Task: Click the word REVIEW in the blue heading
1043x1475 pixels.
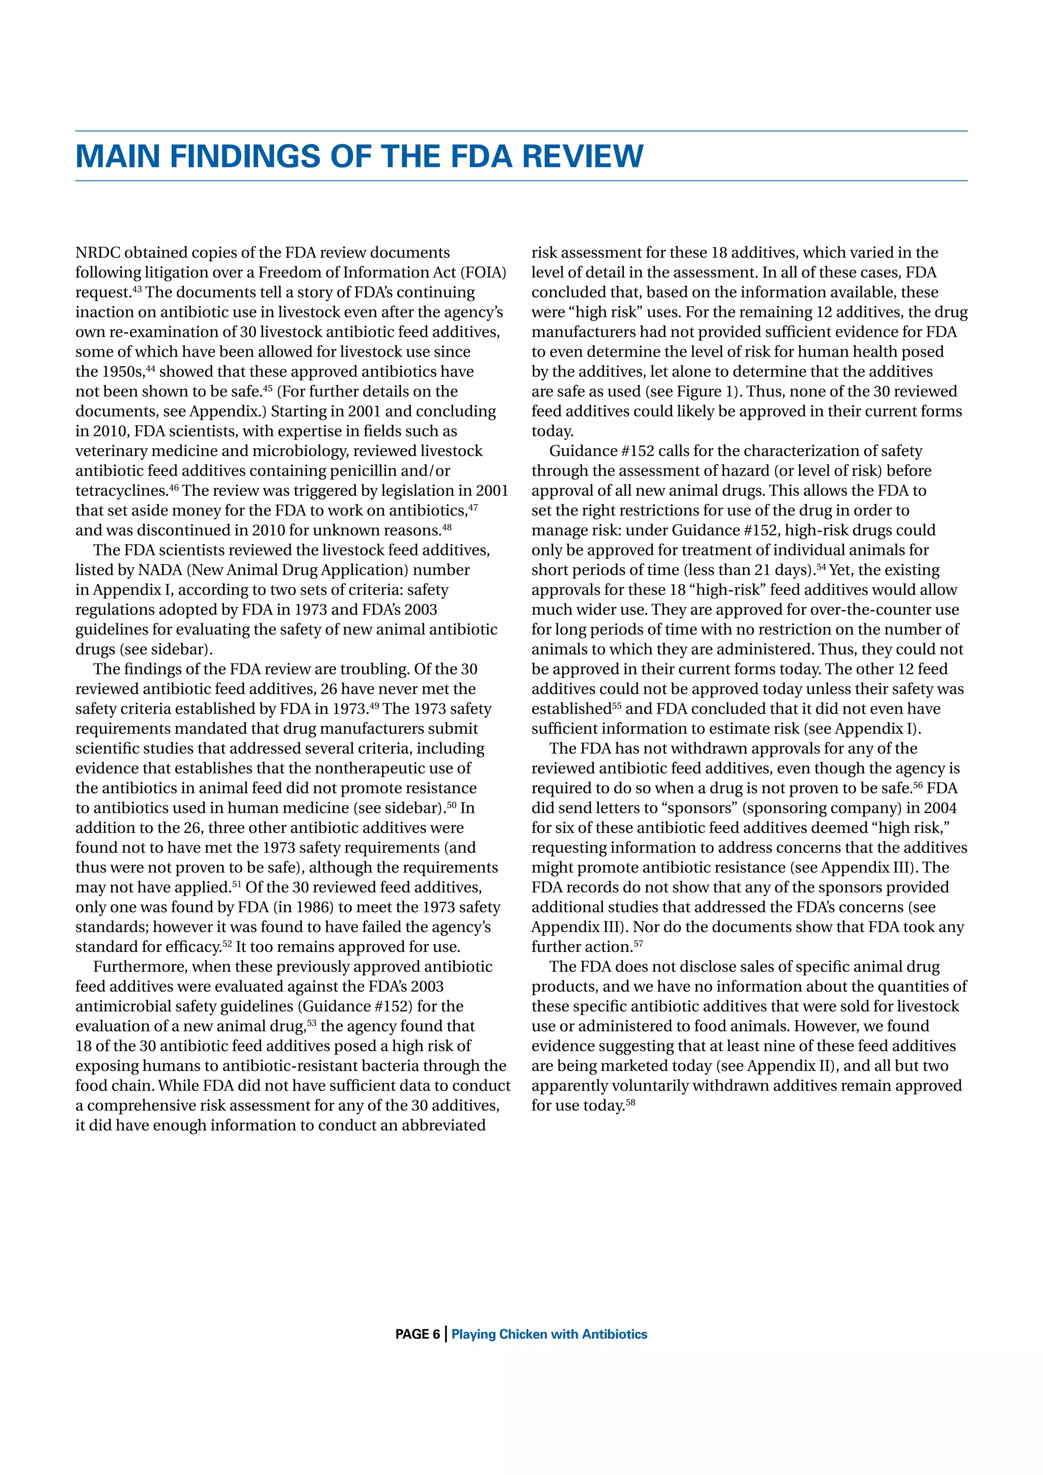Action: click(583, 156)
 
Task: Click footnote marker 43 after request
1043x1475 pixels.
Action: click(137, 289)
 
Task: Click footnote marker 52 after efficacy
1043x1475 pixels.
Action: click(227, 943)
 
